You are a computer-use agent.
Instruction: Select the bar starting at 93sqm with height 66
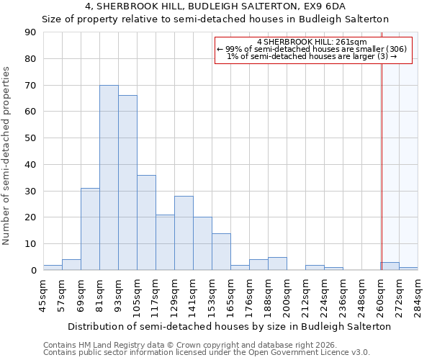coord(127,183)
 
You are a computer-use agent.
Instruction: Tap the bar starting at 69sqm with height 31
coord(90,229)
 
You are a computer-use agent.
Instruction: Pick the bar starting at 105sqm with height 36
coord(146,222)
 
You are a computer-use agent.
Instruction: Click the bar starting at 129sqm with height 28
coord(184,233)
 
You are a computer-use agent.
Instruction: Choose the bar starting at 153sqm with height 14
coord(221,252)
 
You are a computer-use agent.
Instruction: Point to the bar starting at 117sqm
coord(165,243)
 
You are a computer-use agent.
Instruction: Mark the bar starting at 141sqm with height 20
coord(202,244)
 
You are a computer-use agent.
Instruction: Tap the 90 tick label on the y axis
coord(31,32)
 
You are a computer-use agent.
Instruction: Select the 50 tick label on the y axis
coord(31,138)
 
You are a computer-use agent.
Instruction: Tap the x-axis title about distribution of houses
coord(230,326)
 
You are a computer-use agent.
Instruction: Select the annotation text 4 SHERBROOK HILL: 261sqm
coord(312,42)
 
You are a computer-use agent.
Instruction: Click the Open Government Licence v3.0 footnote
coord(310,353)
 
